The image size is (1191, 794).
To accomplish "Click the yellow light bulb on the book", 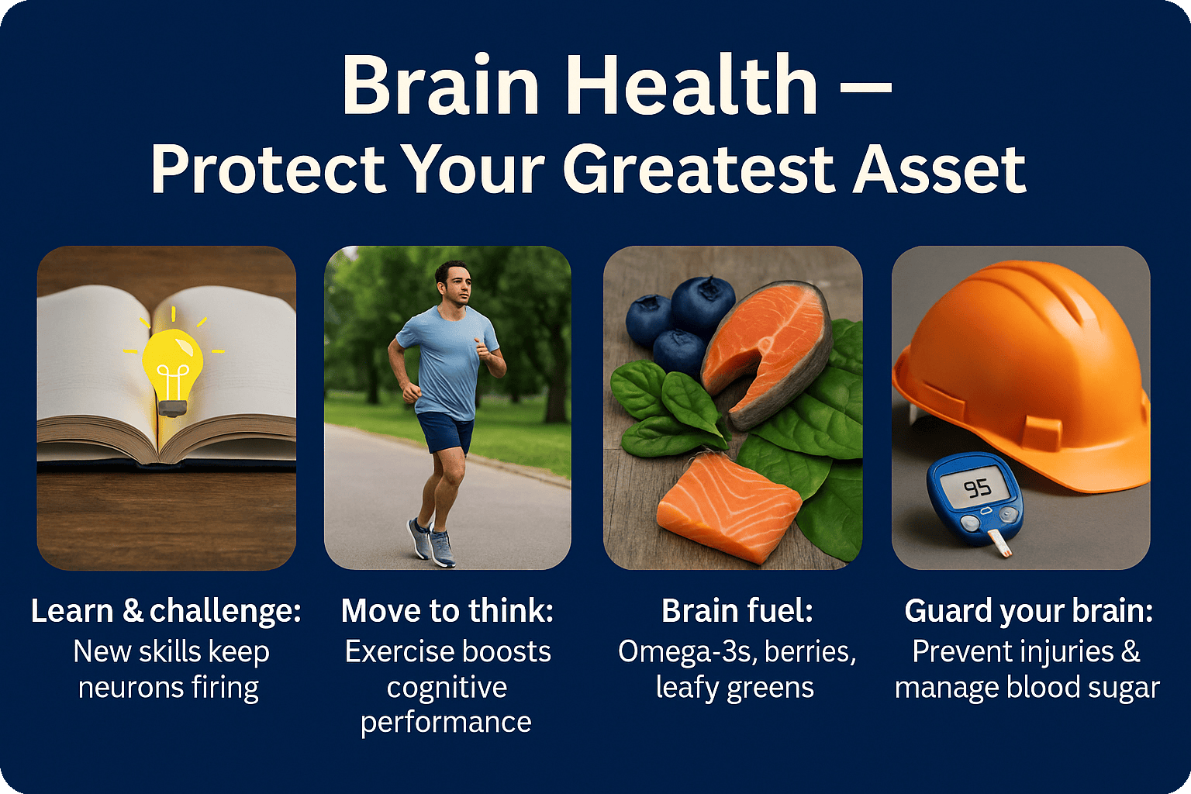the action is (x=171, y=370).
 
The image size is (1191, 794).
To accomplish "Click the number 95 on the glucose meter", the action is (x=978, y=488).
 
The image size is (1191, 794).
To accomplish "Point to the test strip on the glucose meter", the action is (x=998, y=544).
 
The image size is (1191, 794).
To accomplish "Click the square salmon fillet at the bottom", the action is (x=729, y=507).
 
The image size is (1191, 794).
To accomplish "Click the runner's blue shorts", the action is (x=446, y=432).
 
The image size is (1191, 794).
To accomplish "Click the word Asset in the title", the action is (x=940, y=169).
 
